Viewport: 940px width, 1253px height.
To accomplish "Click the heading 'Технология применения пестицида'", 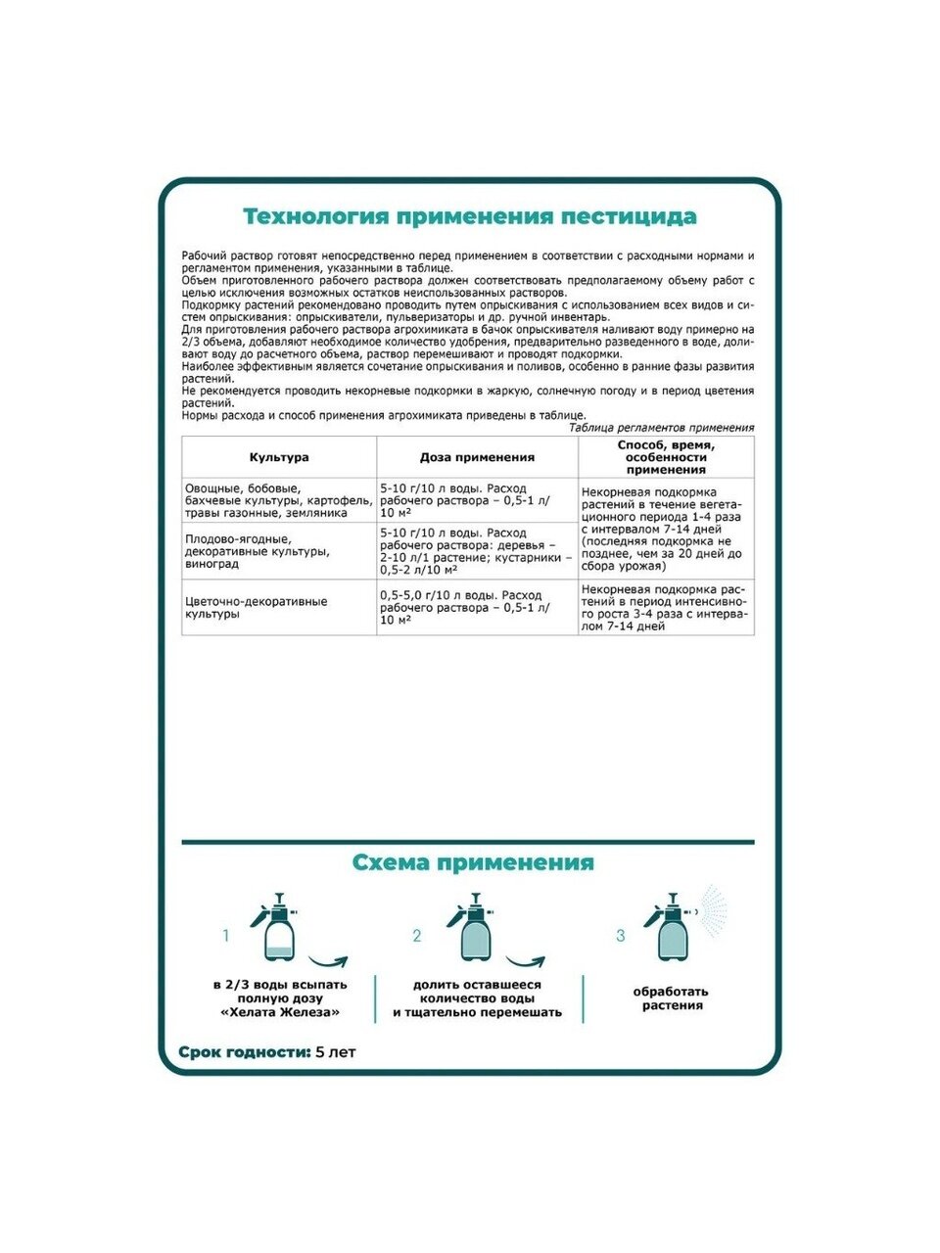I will [x=469, y=216].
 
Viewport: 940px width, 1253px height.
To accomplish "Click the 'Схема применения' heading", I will [x=472, y=862].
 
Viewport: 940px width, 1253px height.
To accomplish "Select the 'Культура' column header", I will [x=279, y=457].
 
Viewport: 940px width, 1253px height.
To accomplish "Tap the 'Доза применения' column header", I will [x=477, y=457].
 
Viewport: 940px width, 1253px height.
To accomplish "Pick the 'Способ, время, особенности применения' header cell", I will [x=666, y=457].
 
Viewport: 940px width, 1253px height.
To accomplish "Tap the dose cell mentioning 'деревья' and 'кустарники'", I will [x=477, y=551].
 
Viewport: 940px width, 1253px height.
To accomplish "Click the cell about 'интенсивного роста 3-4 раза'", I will [x=666, y=607].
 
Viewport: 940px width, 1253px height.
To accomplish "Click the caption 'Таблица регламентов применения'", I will [x=661, y=428].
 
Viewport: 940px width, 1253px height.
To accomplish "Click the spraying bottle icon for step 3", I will [x=674, y=927].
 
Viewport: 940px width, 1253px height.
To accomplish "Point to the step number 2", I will [x=417, y=936].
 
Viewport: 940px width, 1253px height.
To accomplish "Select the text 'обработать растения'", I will [x=671, y=998].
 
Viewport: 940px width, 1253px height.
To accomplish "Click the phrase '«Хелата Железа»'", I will [x=280, y=1013].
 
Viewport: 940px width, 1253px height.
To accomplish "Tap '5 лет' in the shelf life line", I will [x=337, y=1052].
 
